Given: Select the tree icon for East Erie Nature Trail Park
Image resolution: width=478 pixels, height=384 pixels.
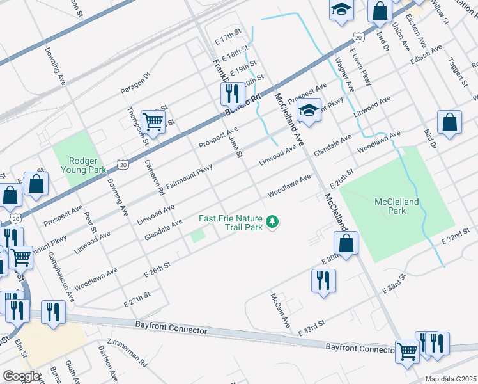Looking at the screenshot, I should pyautogui.click(x=273, y=222).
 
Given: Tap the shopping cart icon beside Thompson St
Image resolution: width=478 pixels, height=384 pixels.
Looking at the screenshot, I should pyautogui.click(x=153, y=120).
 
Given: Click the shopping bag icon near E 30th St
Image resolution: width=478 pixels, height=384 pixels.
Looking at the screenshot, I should pyautogui.click(x=346, y=244).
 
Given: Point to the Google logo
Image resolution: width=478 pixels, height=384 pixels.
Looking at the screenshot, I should pyautogui.click(x=21, y=376).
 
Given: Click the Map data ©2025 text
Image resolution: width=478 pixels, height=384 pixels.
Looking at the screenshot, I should pyautogui.click(x=451, y=379).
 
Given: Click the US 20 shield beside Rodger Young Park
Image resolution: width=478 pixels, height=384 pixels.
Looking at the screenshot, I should pyautogui.click(x=123, y=164).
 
